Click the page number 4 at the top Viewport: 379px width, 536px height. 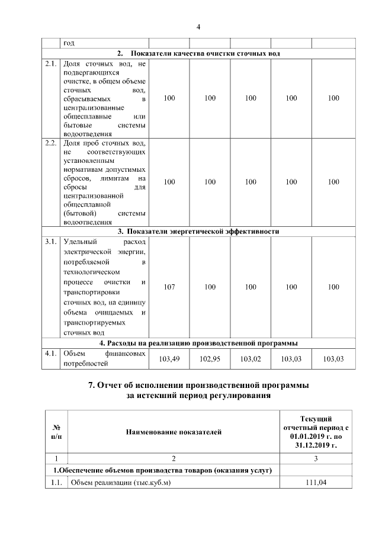click(198, 27)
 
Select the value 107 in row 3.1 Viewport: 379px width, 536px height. click(169, 287)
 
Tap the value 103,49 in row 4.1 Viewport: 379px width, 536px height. click(169, 359)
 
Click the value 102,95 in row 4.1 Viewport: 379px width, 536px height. click(210, 359)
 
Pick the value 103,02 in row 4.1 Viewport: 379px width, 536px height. click(250, 359)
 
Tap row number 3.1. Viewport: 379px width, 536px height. click(51, 242)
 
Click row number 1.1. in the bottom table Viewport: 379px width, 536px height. click(55, 483)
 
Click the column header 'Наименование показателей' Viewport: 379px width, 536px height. click(174, 432)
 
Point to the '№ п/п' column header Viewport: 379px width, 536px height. click(56, 432)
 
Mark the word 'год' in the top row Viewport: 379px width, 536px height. click(69, 43)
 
